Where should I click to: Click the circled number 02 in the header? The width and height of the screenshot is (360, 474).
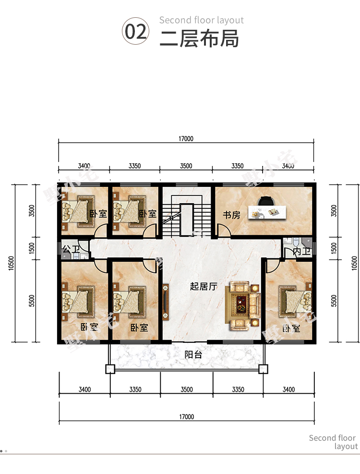[135, 31]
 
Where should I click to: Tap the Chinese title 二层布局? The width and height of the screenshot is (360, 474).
[199, 38]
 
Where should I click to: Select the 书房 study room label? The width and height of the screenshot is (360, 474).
[231, 215]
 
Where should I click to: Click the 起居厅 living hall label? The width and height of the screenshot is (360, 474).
[204, 286]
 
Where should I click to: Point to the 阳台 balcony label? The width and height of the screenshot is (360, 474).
[193, 354]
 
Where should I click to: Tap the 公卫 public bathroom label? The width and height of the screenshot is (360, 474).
[71, 249]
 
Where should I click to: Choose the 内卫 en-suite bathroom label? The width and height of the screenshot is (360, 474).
[301, 252]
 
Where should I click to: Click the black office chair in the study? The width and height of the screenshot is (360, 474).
[266, 201]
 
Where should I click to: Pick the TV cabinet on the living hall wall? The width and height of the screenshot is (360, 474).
[166, 302]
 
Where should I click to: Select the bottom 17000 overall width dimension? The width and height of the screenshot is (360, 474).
[187, 416]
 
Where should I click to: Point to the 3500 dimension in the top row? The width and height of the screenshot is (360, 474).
[186, 166]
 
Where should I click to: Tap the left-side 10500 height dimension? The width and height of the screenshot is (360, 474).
[11, 263]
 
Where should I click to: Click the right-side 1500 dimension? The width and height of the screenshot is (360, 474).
[334, 248]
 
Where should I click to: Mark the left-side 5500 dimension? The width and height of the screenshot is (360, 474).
[32, 301]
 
